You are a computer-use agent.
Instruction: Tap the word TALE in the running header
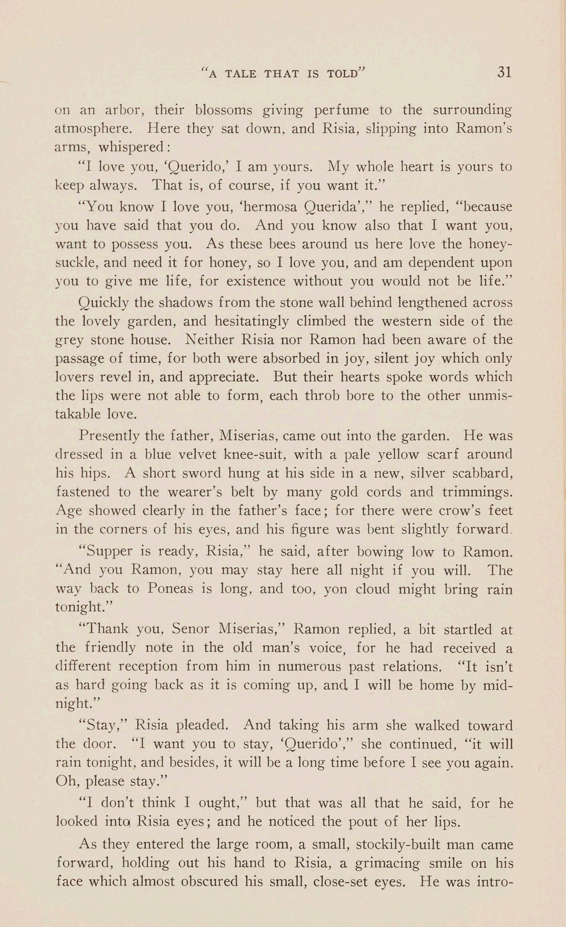coord(241,74)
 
